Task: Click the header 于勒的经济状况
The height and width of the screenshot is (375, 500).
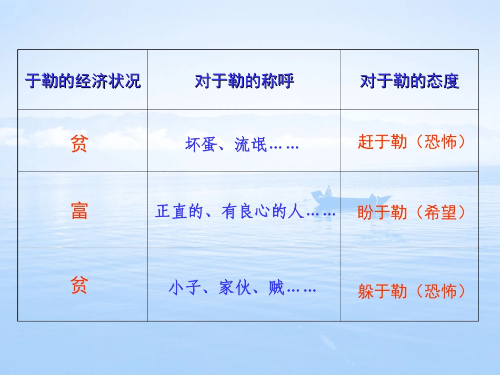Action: pos(83,81)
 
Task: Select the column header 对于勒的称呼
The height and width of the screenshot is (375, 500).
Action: pos(244,81)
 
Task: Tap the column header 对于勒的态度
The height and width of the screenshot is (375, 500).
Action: pos(409,81)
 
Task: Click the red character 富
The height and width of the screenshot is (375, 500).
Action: pos(79,211)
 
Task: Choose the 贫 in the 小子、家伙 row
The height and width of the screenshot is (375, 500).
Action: pos(79,287)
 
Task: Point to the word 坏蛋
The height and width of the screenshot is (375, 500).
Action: pos(201,145)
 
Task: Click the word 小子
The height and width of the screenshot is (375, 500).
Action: pos(185,288)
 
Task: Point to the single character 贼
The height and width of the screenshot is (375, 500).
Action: pos(276,288)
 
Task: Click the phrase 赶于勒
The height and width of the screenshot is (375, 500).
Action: pos(382,143)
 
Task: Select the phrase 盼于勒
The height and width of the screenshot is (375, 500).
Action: pos(382,212)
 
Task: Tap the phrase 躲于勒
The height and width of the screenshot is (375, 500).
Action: pos(382,291)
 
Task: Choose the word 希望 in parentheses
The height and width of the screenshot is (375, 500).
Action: pos(440,212)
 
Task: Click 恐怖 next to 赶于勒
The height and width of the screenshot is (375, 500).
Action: pos(440,143)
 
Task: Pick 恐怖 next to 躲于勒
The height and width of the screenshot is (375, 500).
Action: pos(440,291)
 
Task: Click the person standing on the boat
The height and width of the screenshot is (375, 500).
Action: pos(328,190)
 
